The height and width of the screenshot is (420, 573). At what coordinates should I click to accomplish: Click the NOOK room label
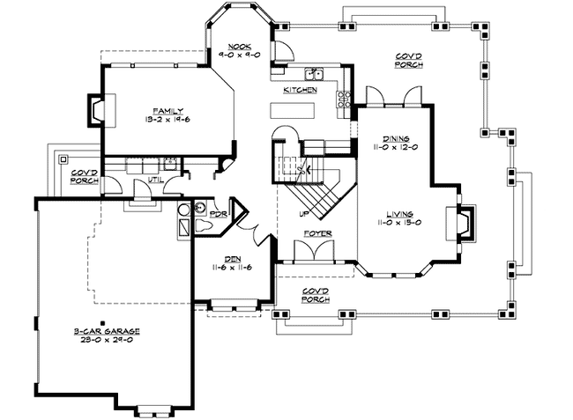tap(239, 46)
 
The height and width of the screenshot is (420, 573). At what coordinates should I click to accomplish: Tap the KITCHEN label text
tap(300, 91)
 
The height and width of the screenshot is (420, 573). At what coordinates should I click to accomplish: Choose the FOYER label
tap(317, 233)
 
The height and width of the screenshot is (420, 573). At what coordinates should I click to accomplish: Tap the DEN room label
tap(234, 259)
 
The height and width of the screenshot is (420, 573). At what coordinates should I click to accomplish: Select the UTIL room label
tap(155, 180)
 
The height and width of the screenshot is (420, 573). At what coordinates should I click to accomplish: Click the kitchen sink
tap(316, 74)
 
